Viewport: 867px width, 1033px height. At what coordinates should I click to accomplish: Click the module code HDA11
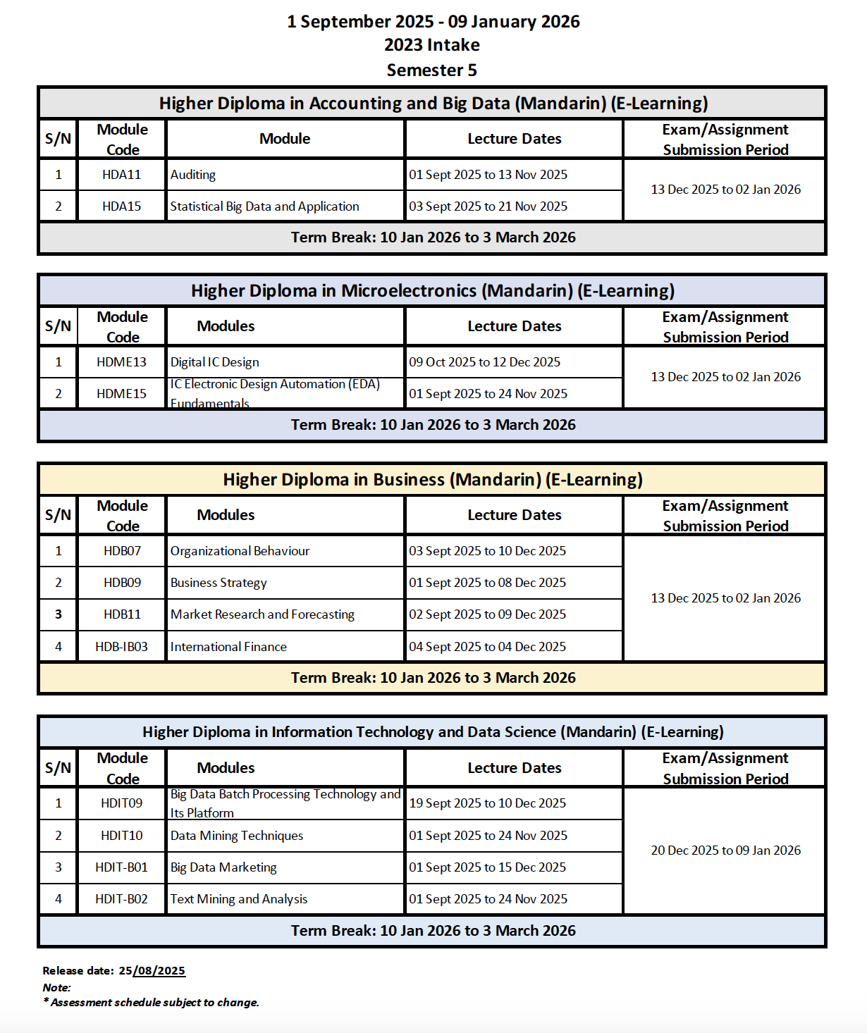[121, 175]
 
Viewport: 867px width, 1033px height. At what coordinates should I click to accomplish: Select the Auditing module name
[193, 175]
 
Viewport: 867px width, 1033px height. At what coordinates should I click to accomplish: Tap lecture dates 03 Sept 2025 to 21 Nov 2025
[488, 206]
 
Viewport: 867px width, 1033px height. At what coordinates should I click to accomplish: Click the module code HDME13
[121, 362]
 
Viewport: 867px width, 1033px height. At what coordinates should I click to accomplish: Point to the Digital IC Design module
[214, 362]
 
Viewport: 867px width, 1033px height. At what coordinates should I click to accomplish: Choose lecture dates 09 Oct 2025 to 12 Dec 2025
[484, 362]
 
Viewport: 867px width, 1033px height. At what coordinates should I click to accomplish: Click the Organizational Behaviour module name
[240, 551]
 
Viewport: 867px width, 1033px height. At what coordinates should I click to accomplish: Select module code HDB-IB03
[121, 647]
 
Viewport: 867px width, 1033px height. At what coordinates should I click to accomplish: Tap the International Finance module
[228, 647]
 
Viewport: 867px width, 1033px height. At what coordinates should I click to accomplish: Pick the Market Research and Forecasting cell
[262, 614]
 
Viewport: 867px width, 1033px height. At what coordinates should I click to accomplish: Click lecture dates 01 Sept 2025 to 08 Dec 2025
[487, 583]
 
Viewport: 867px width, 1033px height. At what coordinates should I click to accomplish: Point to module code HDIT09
[121, 803]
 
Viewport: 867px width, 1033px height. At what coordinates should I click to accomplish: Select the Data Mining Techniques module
[237, 836]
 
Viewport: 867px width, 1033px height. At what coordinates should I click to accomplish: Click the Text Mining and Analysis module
[239, 899]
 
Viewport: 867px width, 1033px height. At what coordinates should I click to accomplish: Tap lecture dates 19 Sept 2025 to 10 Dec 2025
[487, 803]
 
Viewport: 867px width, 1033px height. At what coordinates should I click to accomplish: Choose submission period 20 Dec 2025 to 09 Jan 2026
[725, 850]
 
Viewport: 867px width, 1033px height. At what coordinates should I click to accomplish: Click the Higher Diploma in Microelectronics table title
[432, 291]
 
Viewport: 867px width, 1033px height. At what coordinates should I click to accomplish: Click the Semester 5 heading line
[432, 70]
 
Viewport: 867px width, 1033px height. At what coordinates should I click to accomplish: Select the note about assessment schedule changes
[152, 1003]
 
